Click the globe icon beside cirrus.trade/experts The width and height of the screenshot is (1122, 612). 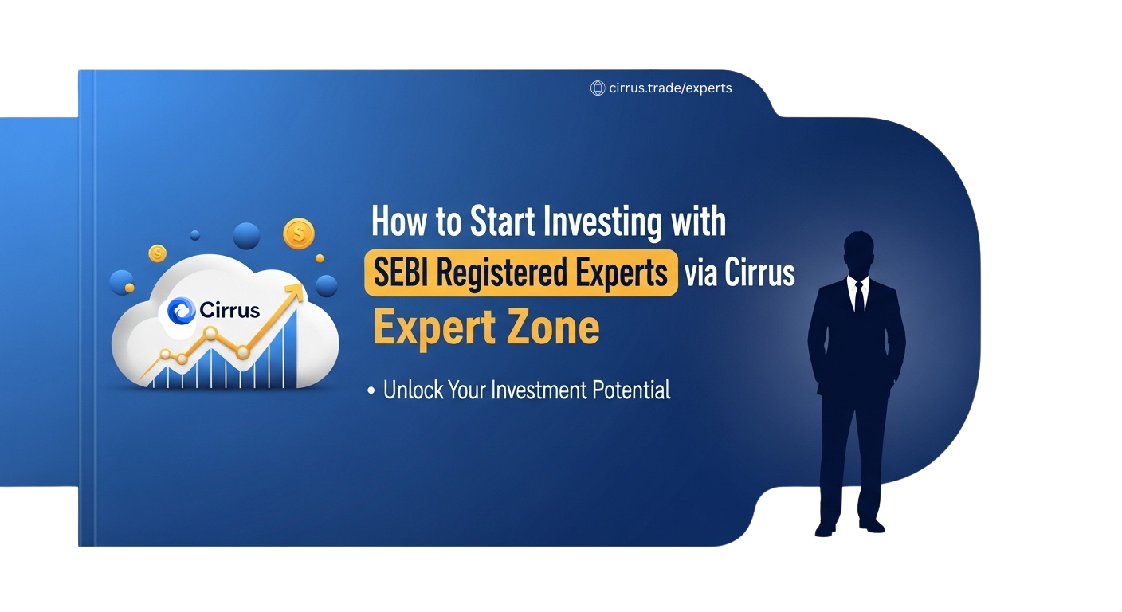pos(597,88)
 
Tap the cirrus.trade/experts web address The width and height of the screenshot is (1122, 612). pos(669,88)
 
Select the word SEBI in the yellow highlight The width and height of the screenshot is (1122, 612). pos(402,273)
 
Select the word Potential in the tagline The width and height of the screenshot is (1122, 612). pos(632,390)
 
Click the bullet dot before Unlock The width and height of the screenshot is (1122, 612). pos(371,391)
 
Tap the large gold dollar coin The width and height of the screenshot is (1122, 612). pos(299,233)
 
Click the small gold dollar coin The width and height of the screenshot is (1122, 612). pos(158,253)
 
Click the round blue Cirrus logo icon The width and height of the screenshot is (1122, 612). pos(182,310)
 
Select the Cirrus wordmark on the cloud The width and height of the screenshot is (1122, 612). pos(230,310)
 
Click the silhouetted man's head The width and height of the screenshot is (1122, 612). pos(859,253)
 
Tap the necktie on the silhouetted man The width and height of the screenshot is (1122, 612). pos(858,296)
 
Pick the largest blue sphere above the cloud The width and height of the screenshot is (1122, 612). pos(247,236)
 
